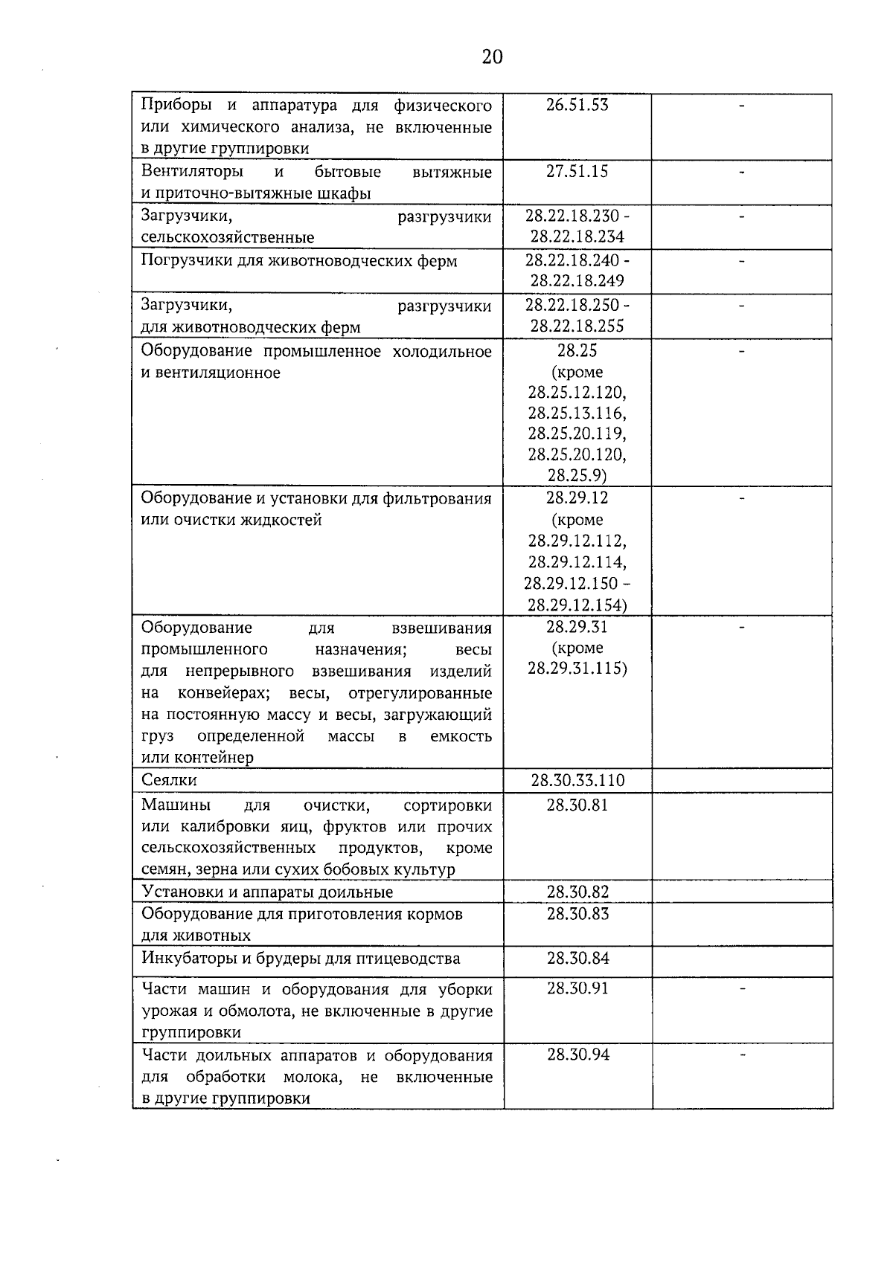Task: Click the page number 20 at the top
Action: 492,57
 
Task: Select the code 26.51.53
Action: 577,105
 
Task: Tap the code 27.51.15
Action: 577,172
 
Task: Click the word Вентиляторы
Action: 192,172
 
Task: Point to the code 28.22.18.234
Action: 577,237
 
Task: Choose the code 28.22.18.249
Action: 577,281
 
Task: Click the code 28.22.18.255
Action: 577,326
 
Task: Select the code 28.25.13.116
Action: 577,413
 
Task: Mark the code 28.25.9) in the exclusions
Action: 577,475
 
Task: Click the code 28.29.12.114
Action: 577,561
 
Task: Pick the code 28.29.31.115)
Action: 577,669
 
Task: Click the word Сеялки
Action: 169,780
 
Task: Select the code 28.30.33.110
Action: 577,780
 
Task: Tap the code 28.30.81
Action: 577,805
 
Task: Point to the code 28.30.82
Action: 577,892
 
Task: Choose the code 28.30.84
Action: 577,958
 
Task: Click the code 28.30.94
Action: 577,1055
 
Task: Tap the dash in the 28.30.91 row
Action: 741,989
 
